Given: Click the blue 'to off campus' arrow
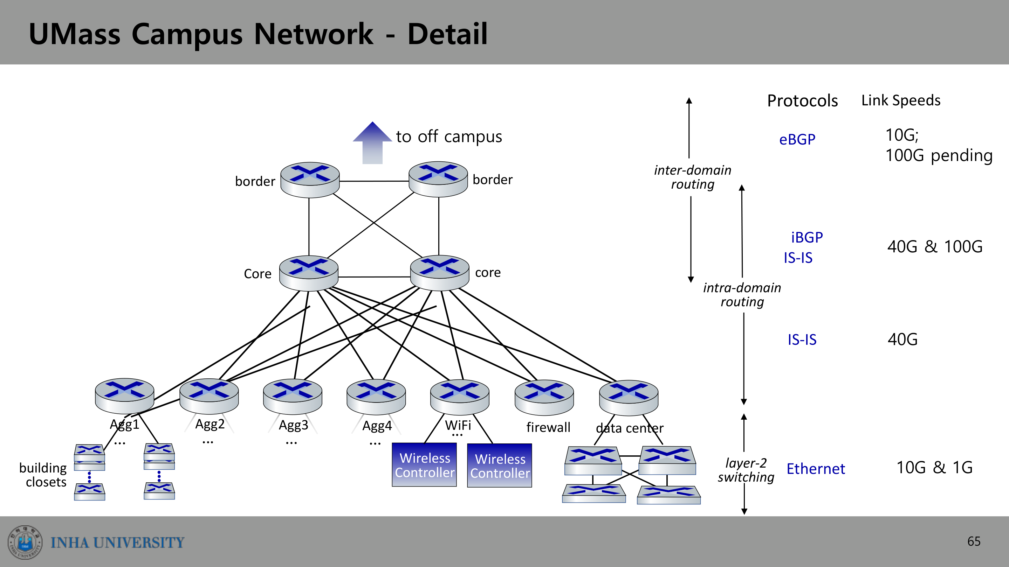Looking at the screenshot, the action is pos(372,143).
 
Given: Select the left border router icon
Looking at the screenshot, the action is pos(310,180).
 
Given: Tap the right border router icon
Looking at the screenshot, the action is pos(438,179).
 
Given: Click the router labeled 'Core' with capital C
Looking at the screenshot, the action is pos(309,273).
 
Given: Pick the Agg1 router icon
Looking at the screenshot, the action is pos(125,395).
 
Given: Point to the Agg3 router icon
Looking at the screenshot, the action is pos(293,397).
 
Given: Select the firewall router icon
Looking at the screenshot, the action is pos(544,398).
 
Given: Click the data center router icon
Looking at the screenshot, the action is pos(629,398).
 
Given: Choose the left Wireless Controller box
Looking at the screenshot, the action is pos(424,465).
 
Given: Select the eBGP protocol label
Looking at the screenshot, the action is pos(797,139).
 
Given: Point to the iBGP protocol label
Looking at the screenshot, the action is pos(807,237).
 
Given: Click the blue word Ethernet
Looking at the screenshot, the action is pos(816,468).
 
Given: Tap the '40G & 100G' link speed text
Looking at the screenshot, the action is pos(935,246).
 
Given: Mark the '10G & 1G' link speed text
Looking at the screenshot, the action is pos(935,467).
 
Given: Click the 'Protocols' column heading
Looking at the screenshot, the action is pos(802,100).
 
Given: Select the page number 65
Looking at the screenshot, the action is pos(974,541).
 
